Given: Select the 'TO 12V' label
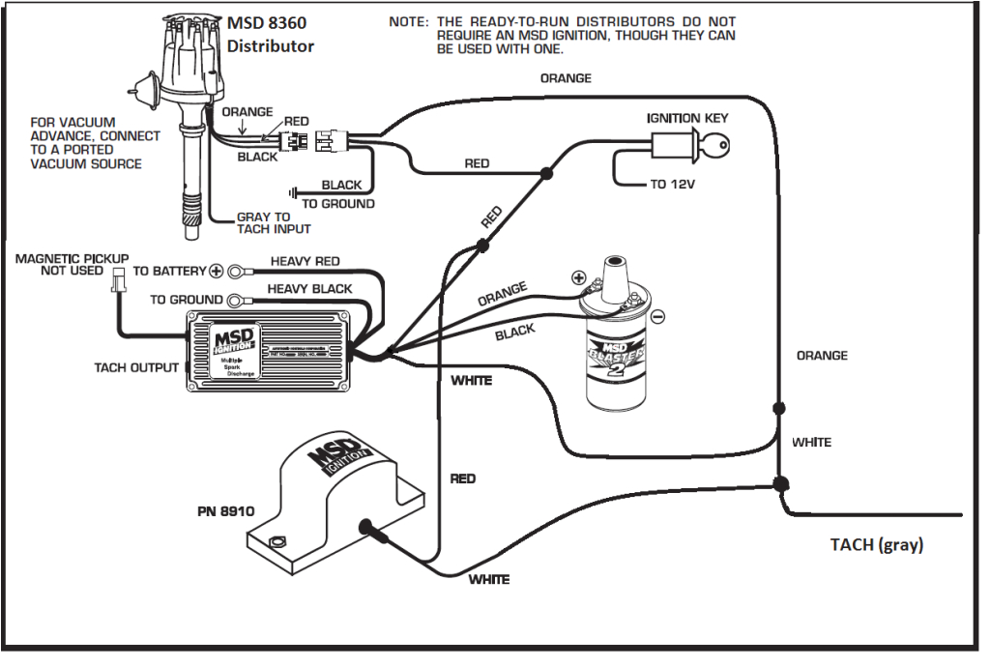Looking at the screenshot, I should point(671,185).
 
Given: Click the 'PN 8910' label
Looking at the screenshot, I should point(224,511).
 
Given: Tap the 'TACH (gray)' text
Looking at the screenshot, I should point(876,545).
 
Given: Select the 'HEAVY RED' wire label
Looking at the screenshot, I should point(305,262).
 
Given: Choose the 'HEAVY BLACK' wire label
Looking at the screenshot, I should point(309,289).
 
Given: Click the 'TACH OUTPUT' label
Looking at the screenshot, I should point(136,367).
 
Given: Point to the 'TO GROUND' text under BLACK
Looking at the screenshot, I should point(337,204).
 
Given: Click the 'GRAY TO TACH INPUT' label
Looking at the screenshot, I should point(274,223).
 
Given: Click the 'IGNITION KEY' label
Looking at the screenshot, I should point(687,118).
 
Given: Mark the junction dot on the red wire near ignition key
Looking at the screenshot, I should point(546,174).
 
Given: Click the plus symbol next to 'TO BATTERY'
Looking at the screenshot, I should point(217,272).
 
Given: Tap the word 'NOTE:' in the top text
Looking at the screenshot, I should point(410,21).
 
